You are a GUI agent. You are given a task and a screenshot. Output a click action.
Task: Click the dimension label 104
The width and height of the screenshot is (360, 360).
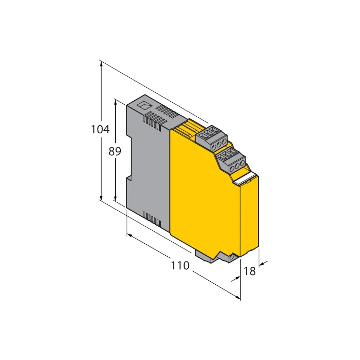[100, 130]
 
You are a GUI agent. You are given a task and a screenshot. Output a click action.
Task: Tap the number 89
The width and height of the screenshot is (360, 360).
[115, 152]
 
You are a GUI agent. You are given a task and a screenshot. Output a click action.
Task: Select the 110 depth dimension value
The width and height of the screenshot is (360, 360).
[179, 266]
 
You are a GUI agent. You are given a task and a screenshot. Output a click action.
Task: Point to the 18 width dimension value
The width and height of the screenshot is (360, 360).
[250, 271]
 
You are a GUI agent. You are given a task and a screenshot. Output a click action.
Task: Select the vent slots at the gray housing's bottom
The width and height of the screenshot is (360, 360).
[153, 218]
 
